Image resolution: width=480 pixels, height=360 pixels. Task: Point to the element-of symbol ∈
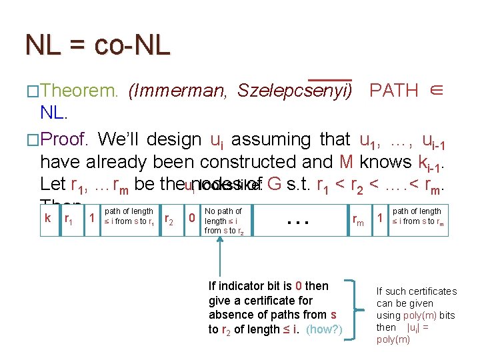tap(436, 91)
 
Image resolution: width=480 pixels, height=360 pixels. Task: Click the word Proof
tap(65, 140)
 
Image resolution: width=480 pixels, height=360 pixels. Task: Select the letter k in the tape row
tap(47, 218)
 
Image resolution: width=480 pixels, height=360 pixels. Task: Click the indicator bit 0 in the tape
tap(192, 218)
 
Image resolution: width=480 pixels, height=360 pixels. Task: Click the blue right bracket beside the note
tap(351, 311)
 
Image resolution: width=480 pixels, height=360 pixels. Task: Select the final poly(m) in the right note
tap(393, 339)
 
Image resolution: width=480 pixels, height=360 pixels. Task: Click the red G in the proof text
tap(272, 184)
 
